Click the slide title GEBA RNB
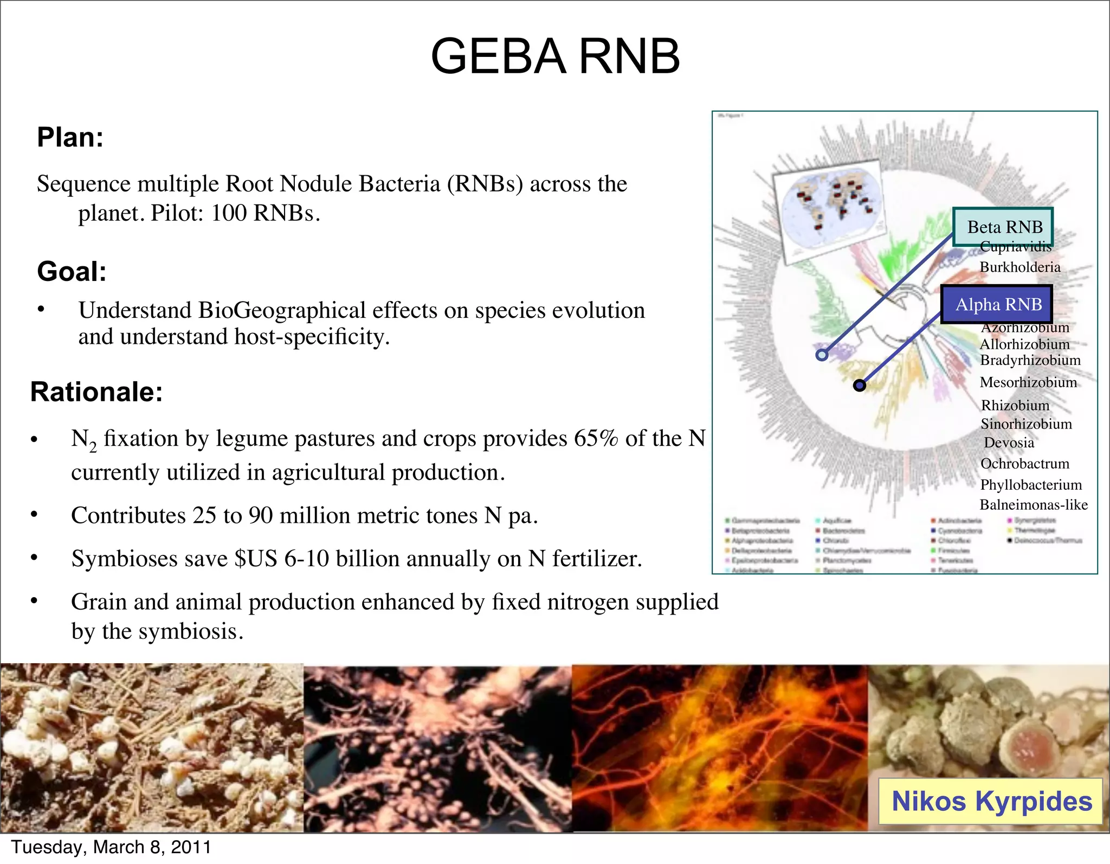pos(555,56)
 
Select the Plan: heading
pos(70,137)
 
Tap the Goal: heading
pos(72,271)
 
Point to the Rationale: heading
pos(96,392)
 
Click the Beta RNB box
pos(1003,227)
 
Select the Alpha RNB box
pos(996,304)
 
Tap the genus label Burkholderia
pos(1019,267)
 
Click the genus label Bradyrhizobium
pos(1030,360)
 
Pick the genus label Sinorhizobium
pos(1026,424)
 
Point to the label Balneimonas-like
pos(1033,504)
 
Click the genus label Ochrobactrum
pos(1024,464)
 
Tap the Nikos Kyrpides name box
pos(991,801)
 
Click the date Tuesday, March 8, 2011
pos(111,847)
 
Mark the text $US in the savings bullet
pos(255,559)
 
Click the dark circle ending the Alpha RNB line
pos(860,385)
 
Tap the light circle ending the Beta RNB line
pos(822,355)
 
